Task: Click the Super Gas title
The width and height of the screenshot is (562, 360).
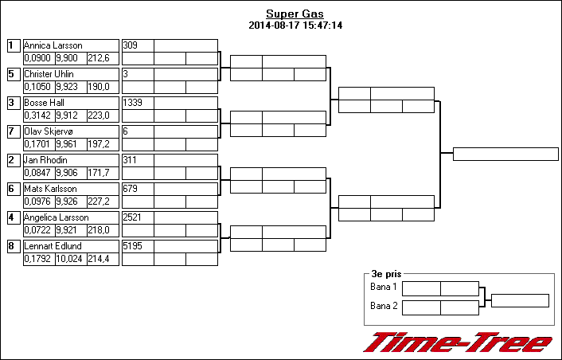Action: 295,14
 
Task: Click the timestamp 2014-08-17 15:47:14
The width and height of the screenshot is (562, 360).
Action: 295,25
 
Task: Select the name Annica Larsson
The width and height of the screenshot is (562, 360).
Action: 53,45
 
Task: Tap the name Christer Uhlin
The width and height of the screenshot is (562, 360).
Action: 49,74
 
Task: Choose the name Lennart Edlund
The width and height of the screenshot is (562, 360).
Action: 53,246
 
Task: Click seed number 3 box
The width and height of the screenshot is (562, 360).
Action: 14,103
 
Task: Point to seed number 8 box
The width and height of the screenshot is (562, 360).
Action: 14,246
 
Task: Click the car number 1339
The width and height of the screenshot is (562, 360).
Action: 132,103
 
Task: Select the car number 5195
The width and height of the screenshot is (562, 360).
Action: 132,246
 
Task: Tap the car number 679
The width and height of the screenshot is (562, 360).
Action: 130,189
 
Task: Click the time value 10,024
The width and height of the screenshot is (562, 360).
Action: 69,259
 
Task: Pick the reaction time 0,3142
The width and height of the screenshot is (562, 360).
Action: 37,115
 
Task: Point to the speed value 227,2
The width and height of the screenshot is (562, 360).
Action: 99,202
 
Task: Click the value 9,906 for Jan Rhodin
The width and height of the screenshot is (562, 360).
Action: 67,173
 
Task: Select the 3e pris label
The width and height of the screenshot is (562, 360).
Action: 386,274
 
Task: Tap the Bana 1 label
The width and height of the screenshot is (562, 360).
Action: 384,287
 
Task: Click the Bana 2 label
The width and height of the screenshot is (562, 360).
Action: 384,306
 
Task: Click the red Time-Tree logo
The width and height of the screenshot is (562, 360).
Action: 458,342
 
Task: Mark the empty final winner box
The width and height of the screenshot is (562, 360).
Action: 505,155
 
